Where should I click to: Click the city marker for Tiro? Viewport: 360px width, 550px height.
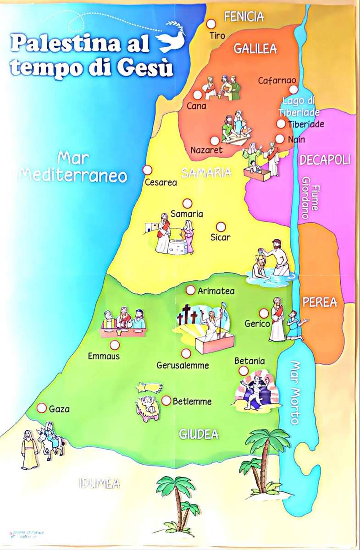coord(211,24)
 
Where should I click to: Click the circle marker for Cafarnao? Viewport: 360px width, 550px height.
coord(293,90)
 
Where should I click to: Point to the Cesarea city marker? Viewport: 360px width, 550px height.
coord(147,170)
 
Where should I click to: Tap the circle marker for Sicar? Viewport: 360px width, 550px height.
coord(221,227)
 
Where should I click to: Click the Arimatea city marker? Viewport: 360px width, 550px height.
coord(190,290)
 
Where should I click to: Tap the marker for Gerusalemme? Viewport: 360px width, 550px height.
coord(186,354)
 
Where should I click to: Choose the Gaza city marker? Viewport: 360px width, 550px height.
coord(42,408)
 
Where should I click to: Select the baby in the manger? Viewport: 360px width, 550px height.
coord(147,406)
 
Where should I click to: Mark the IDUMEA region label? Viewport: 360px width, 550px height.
coord(99,483)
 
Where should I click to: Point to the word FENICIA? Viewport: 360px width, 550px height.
coord(244,17)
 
